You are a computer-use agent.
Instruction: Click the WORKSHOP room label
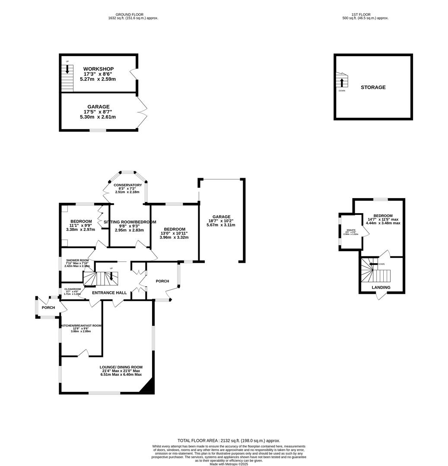pos(98,69)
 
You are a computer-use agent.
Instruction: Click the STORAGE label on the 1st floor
pos(373,88)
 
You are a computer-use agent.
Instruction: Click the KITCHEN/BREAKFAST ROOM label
pos(81,326)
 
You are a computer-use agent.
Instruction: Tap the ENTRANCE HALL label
pos(109,293)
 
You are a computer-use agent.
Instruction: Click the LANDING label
pos(381,287)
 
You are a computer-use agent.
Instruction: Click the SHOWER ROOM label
pos(77,261)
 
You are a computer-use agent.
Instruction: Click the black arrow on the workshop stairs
pos(67,69)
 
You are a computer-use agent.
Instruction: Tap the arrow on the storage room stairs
pos(342,82)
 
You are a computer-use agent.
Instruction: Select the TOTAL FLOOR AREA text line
pos(229,441)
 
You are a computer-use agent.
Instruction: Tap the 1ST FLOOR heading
pos(365,15)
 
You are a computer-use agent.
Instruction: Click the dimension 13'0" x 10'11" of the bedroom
pos(175,233)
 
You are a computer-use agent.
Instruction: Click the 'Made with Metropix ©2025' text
pos(229,464)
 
